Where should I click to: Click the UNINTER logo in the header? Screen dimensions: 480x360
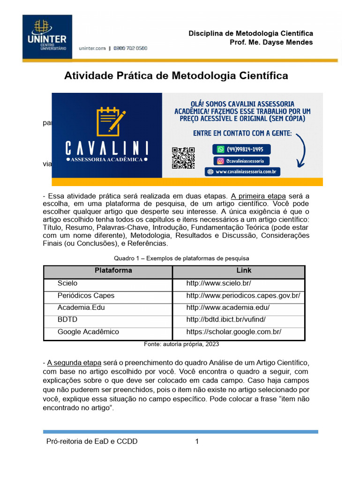[47, 37]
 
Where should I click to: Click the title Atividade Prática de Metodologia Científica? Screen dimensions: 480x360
[176, 75]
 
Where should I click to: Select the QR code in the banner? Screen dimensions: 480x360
[183, 158]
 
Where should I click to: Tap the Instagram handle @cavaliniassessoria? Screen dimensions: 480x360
[241, 161]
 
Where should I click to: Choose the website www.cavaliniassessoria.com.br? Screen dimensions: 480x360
[242, 172]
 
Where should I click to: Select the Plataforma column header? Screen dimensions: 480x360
[113, 270]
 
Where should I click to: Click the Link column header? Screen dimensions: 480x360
[244, 270]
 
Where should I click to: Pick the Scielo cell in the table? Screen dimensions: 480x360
[67, 284]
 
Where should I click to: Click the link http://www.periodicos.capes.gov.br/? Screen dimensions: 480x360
[243, 296]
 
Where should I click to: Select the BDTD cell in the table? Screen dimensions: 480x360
[67, 320]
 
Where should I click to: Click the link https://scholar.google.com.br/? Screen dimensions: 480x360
[233, 332]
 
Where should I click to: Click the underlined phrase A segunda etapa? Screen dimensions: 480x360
[74, 363]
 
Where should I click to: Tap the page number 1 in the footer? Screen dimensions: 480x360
[197, 442]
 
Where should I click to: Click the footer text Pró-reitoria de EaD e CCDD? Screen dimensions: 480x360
[92, 442]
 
